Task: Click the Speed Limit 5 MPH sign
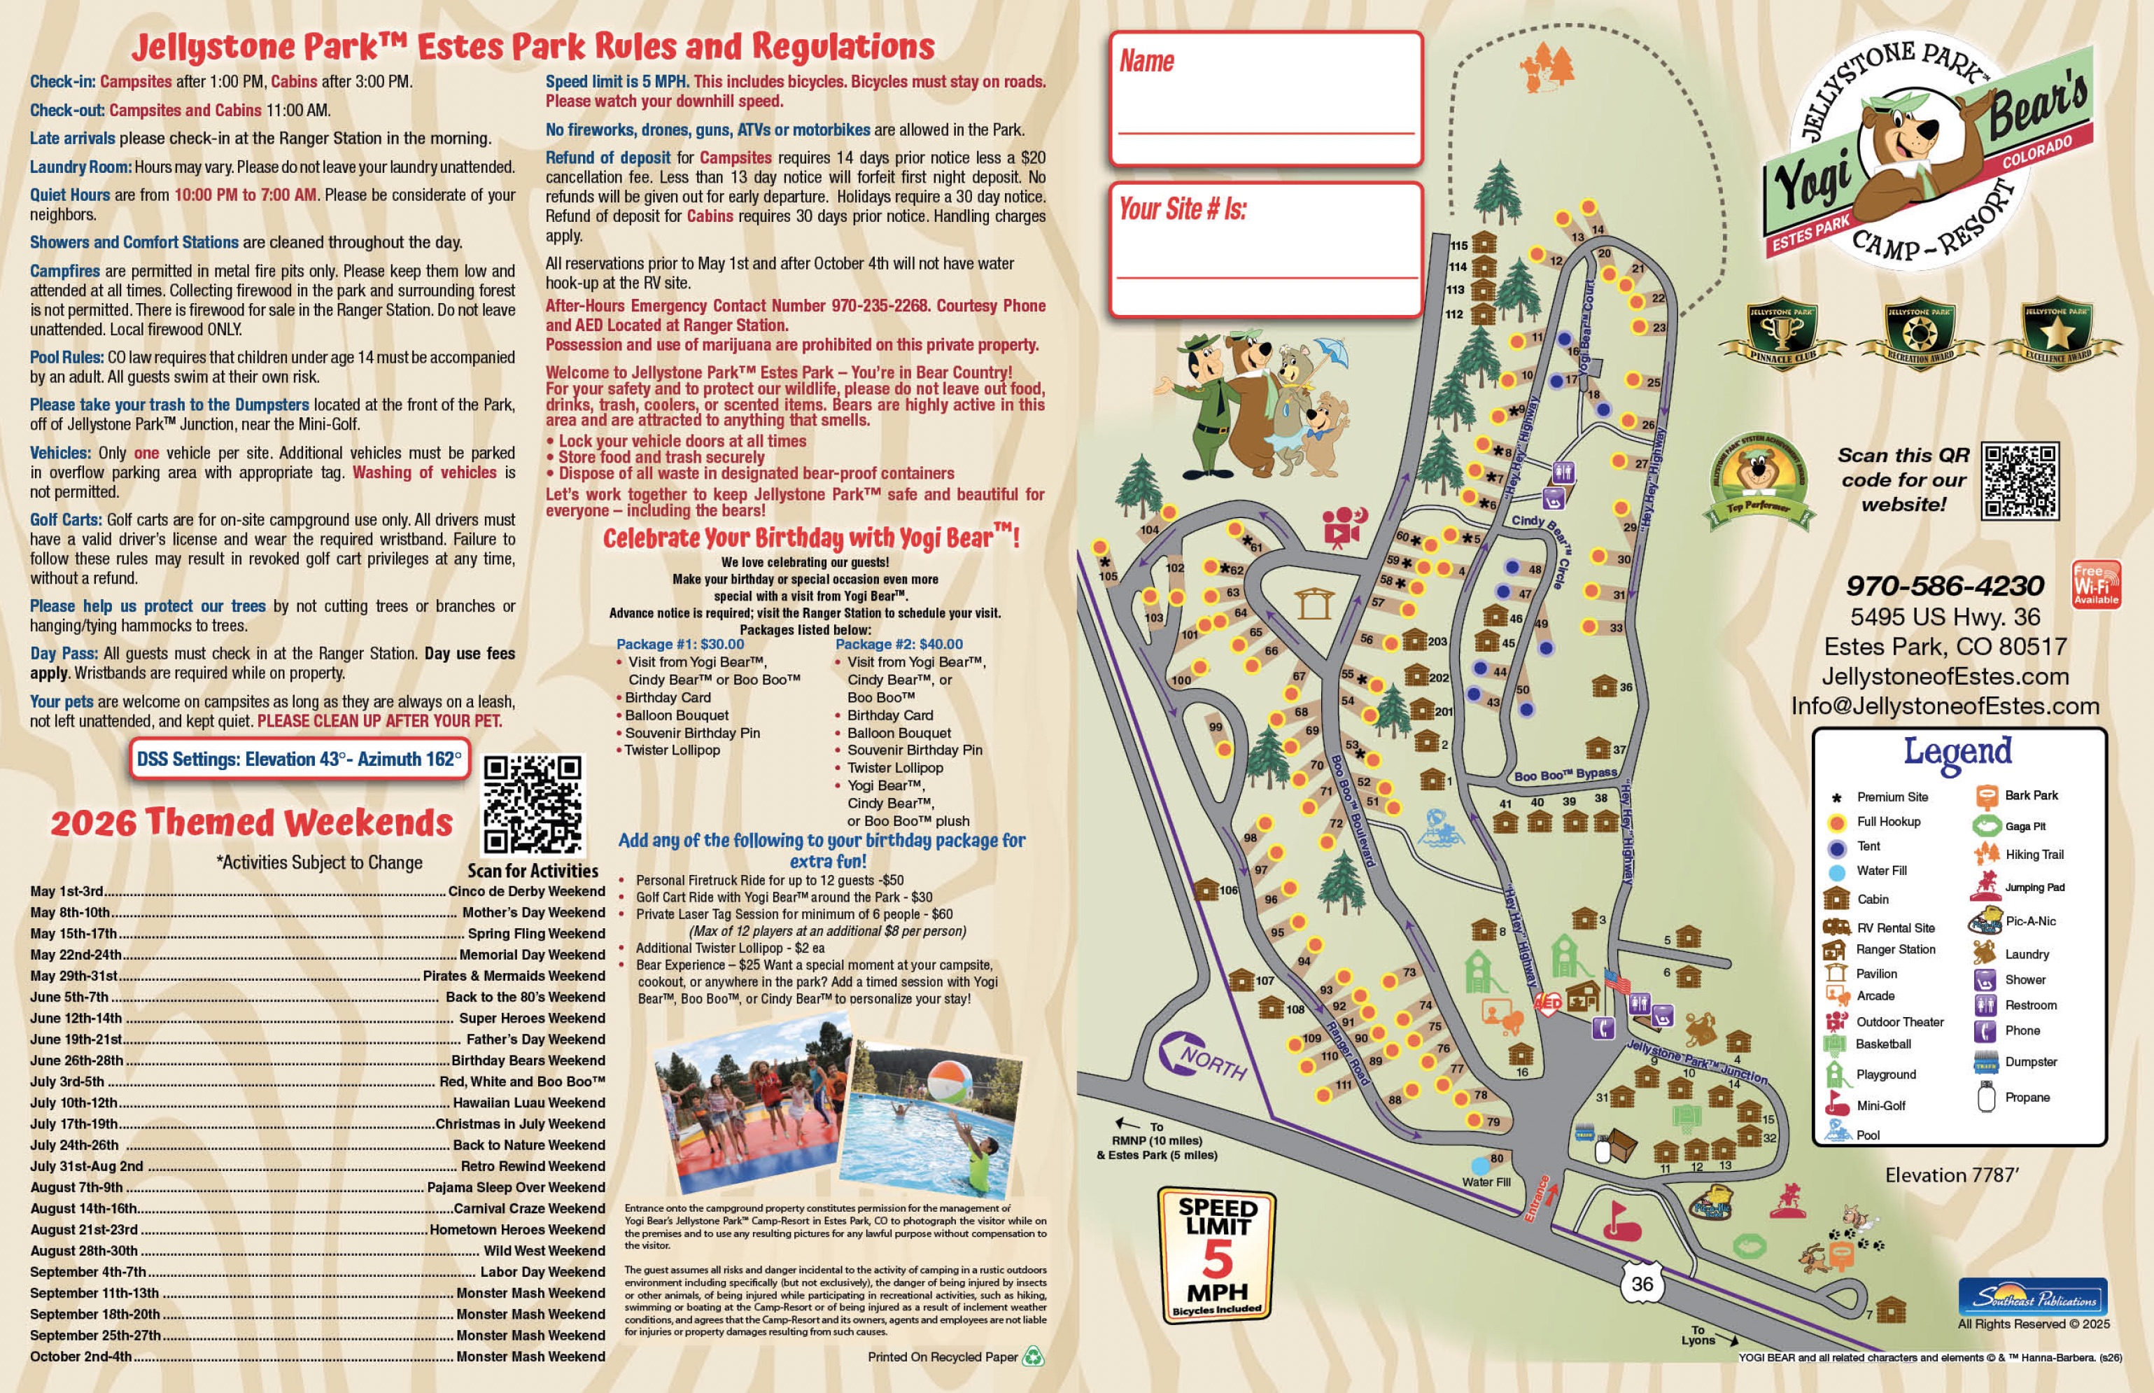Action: (1217, 1254)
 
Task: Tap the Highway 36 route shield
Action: (1642, 1284)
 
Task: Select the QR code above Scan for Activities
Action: (533, 804)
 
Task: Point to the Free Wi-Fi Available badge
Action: (2096, 584)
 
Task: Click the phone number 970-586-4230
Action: (1944, 586)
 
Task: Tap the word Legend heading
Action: (1958, 752)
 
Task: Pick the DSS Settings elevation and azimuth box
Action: (300, 759)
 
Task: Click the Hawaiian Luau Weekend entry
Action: (529, 1102)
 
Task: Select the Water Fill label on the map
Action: (1486, 1182)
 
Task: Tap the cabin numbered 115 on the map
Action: (1483, 244)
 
